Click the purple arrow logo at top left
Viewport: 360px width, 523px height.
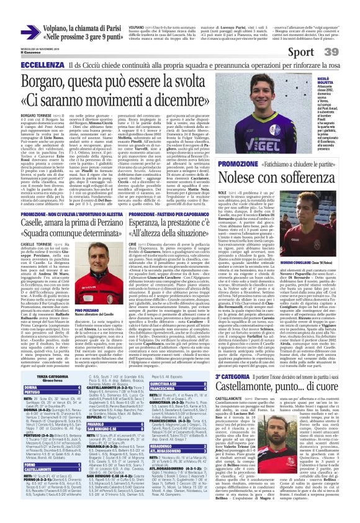click(x=30, y=30)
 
